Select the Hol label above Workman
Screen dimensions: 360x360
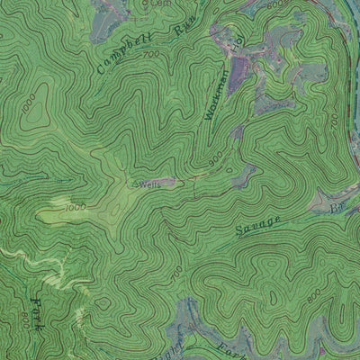(238, 41)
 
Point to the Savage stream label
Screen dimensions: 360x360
(259, 225)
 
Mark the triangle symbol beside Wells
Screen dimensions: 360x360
(136, 184)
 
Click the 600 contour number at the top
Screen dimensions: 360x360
(274, 4)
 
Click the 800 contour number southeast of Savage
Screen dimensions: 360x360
(313, 295)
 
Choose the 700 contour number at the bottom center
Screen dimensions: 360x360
(177, 270)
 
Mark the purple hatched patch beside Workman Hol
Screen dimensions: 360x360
(241, 67)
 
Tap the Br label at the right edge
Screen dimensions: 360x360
(339, 209)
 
